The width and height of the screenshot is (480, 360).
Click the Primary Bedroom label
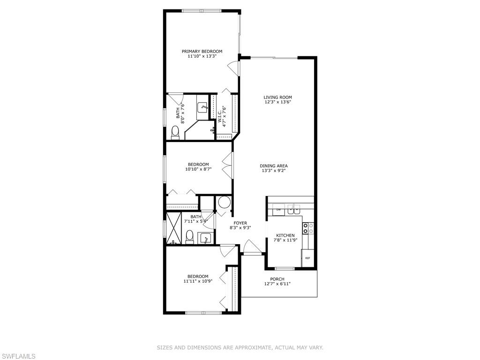click(x=202, y=52)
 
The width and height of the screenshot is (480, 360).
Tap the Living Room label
click(x=277, y=97)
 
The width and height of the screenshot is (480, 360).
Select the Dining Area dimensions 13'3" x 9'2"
click(x=274, y=171)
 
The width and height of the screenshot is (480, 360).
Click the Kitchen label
click(x=285, y=235)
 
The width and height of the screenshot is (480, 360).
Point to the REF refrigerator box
click(x=307, y=258)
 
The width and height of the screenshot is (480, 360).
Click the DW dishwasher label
click(x=278, y=210)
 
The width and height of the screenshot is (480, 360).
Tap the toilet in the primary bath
click(x=175, y=132)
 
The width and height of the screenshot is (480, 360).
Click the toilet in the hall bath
click(x=190, y=237)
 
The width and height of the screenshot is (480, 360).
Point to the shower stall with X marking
click(x=174, y=228)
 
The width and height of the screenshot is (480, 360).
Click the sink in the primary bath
click(x=203, y=107)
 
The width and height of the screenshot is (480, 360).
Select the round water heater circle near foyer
click(x=224, y=203)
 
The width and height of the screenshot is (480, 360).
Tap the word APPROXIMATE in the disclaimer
click(x=247, y=347)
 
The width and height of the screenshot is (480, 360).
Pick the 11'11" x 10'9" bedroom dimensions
click(x=196, y=281)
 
